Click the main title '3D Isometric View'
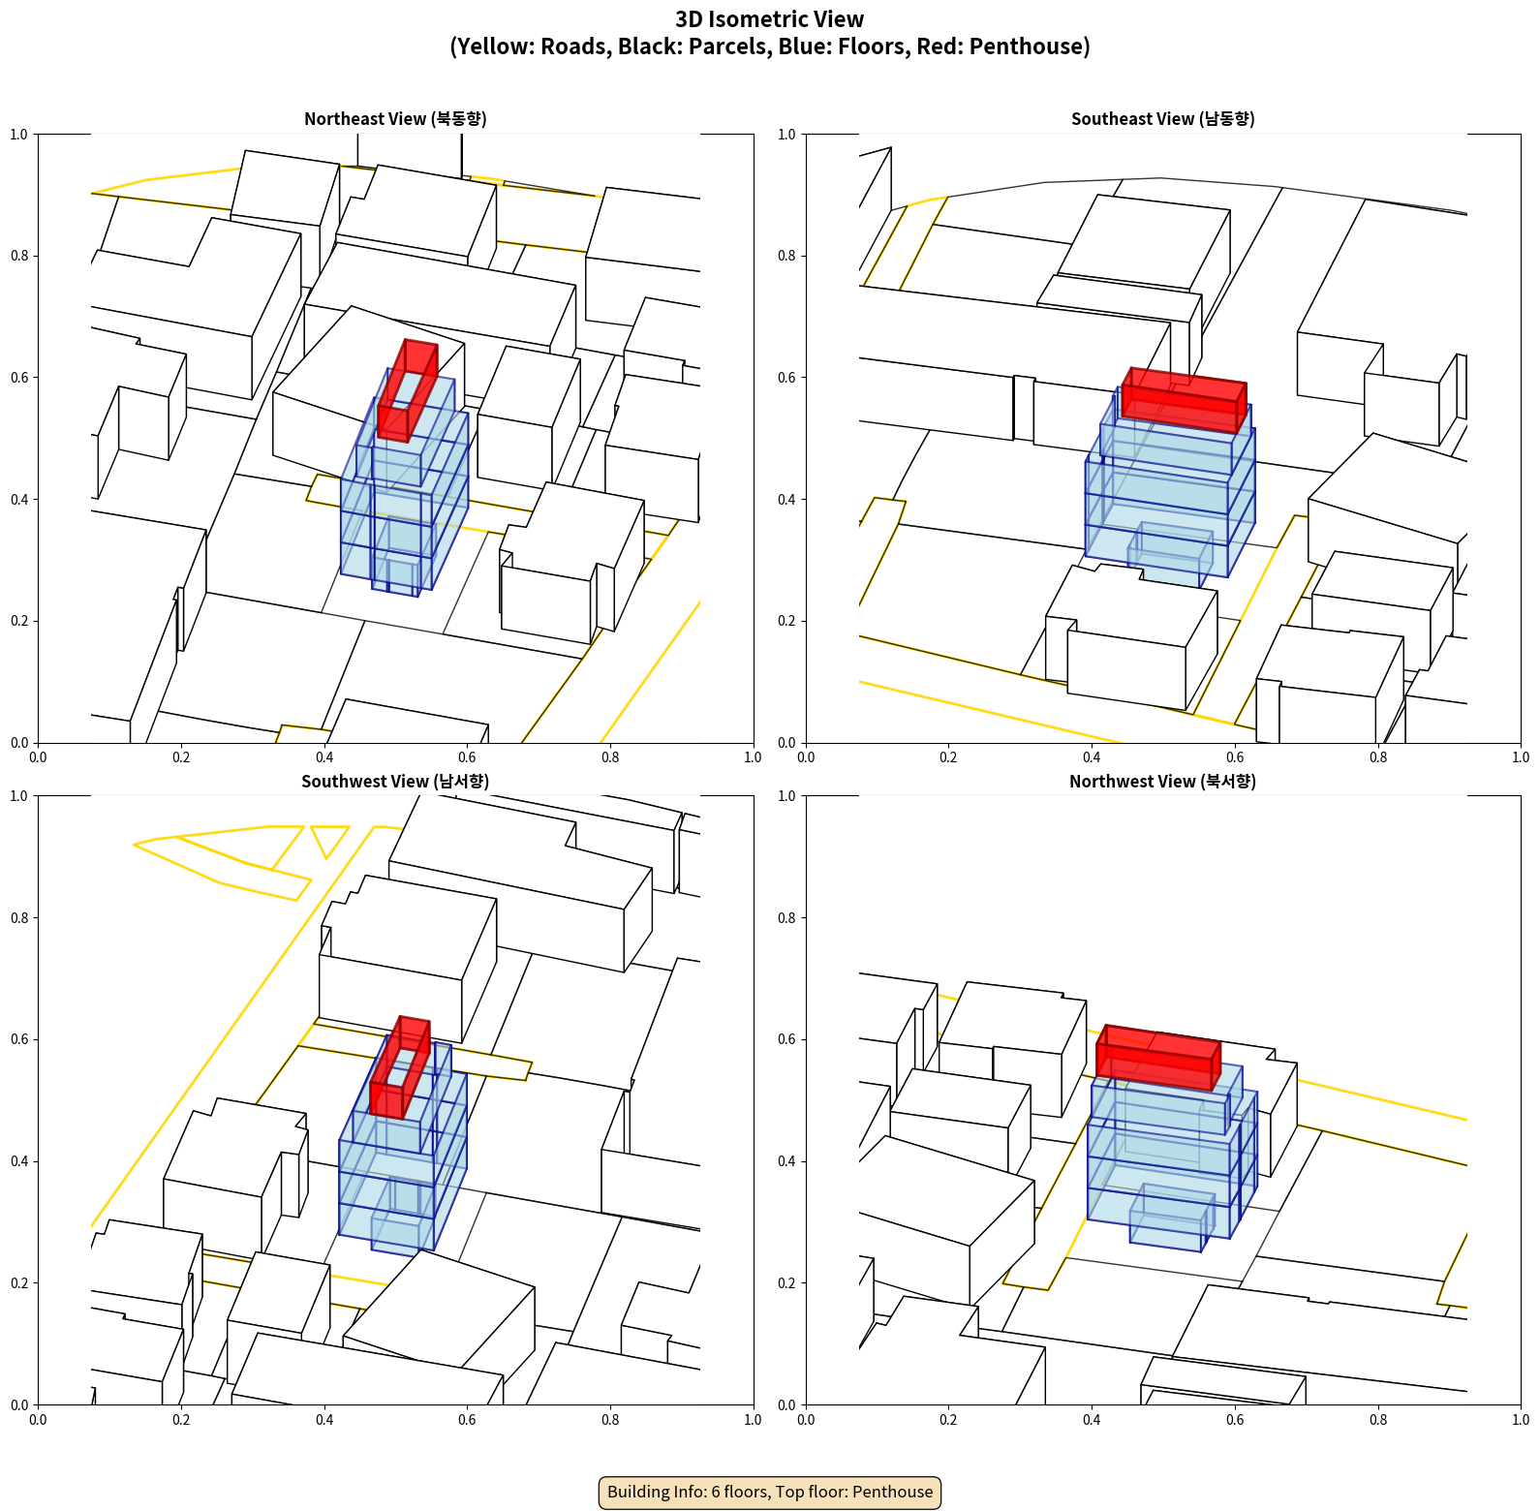[769, 19]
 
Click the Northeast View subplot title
[395, 118]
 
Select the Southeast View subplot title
[1162, 118]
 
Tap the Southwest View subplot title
[395, 781]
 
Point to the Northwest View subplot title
[1162, 781]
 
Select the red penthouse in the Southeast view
[1184, 399]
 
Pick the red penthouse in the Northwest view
[1157, 1058]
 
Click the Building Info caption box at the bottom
[770, 1492]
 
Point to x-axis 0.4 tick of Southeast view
[1092, 756]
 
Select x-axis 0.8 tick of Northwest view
[1378, 1419]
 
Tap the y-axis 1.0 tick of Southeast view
[787, 134]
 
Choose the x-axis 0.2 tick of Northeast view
[181, 756]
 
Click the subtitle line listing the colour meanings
[769, 46]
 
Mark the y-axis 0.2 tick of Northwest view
[787, 1282]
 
